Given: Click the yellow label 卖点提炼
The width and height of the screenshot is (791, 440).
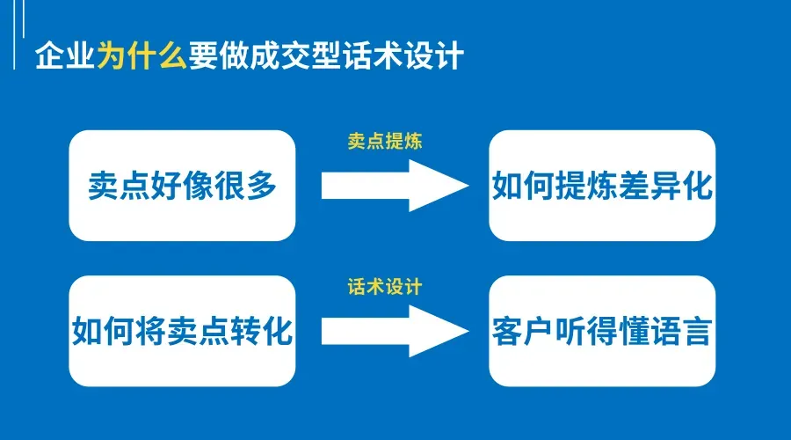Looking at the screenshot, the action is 385,141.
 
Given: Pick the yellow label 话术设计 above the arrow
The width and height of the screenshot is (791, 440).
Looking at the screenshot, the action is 385,287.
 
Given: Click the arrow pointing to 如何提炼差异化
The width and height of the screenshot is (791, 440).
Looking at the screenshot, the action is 395,186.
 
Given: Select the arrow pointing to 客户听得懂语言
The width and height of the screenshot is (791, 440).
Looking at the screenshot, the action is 395,331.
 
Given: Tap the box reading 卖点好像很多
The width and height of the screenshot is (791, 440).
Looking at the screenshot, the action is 182,186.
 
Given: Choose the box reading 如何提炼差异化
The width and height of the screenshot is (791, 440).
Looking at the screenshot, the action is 602,186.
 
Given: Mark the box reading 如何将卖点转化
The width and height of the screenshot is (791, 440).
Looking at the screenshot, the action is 182,331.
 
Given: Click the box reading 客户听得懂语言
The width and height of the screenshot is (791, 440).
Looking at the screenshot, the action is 602,331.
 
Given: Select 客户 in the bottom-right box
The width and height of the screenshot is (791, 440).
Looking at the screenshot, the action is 519,332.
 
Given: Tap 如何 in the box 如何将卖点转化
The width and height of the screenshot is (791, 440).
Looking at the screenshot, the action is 100,332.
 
